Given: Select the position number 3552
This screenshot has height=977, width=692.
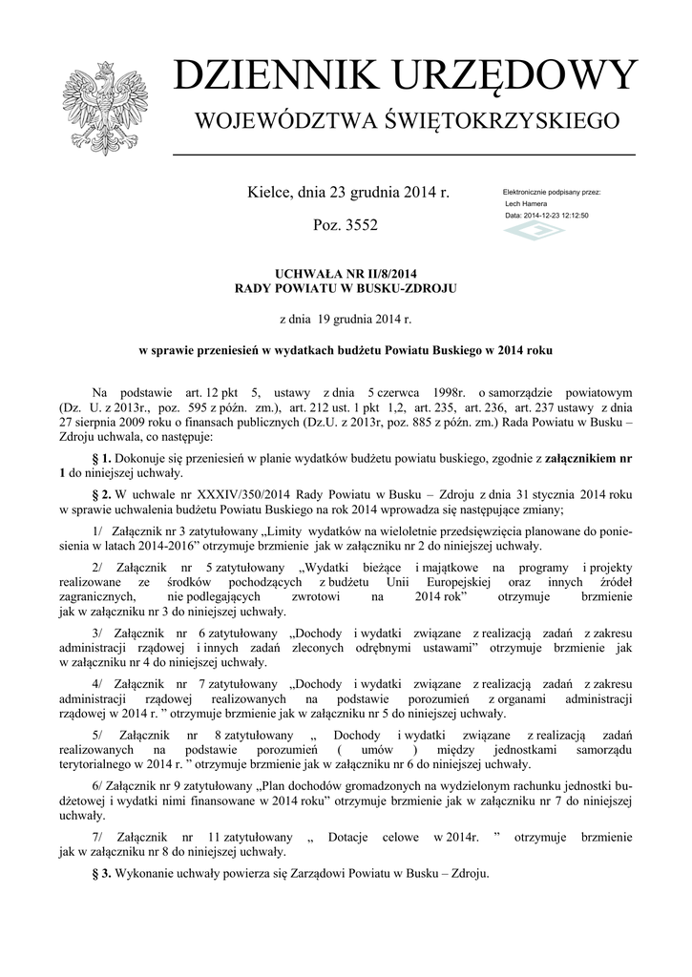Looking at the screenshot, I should tap(358, 226).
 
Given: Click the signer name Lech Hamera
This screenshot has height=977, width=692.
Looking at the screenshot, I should tap(526, 204).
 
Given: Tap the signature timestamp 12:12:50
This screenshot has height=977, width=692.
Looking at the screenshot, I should tap(572, 216).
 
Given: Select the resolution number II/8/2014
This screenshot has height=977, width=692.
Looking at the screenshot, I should tap(378, 274).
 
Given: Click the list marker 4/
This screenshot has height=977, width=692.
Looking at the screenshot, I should tap(98, 683).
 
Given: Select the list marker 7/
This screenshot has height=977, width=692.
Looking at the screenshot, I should tap(98, 837).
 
